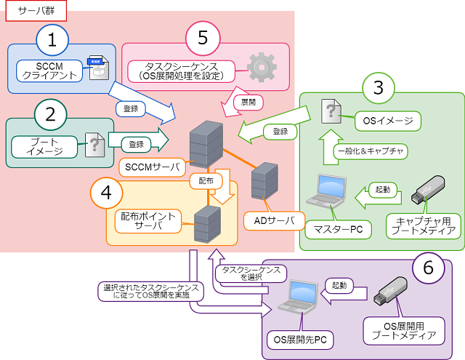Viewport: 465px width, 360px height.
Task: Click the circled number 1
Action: click(51, 41)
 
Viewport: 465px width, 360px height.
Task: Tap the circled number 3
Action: click(378, 88)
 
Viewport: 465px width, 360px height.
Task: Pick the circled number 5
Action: click(203, 39)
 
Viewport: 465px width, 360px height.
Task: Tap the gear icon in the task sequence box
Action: click(262, 66)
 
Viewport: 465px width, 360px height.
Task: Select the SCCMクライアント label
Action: click(46, 70)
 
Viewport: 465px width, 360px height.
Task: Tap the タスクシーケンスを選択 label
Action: click(251, 273)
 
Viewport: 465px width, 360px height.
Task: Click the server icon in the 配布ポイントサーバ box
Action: click(207, 224)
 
